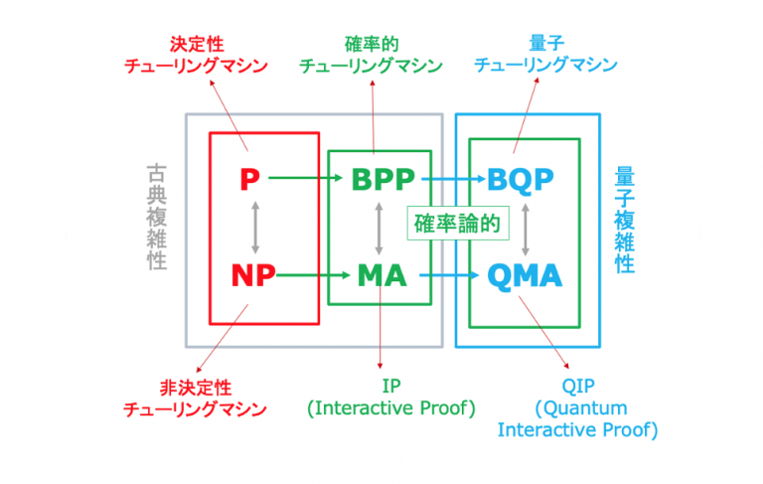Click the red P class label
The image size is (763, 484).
[249, 180]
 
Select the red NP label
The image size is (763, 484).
[253, 275]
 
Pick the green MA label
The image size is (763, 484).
[381, 275]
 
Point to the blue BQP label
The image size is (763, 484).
[521, 180]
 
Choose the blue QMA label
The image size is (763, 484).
[525, 275]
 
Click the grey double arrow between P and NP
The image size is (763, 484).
[255, 227]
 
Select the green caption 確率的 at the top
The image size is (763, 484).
[370, 44]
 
